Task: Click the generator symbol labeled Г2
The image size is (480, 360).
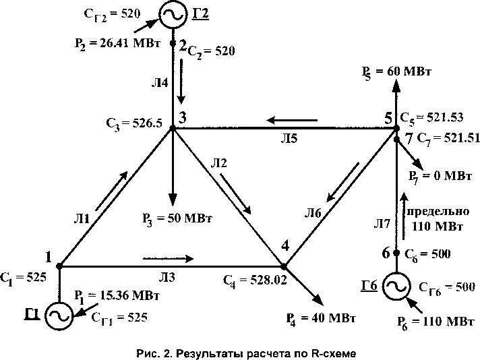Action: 173,14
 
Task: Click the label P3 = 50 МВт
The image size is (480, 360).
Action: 173,218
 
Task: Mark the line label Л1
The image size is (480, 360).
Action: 82,219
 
